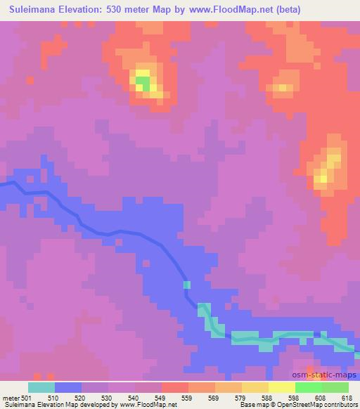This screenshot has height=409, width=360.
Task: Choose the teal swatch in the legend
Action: pos(41,387)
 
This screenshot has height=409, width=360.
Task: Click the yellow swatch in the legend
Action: pos(282,387)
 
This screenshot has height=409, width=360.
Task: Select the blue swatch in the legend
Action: pos(68,387)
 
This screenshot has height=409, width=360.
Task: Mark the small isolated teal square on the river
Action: pos(187,285)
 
